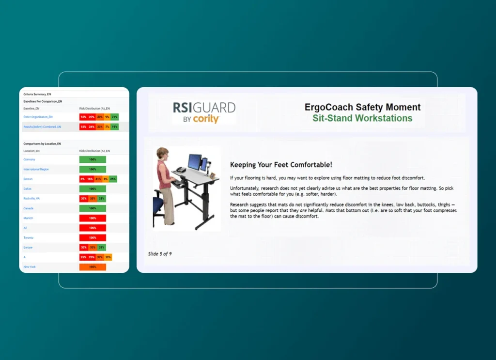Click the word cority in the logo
[206, 119]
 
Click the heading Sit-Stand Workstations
[362, 118]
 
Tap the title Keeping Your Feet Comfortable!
[281, 165]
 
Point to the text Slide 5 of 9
[160, 253]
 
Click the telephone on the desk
[180, 170]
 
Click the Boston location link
[28, 179]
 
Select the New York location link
[30, 267]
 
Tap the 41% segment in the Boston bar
[98, 179]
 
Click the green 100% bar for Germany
[93, 159]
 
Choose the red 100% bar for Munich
[93, 218]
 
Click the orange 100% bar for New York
[93, 267]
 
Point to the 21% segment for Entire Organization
[114, 117]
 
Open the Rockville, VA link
[31, 198]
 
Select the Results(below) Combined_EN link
[42, 126]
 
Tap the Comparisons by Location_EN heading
[42, 143]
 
